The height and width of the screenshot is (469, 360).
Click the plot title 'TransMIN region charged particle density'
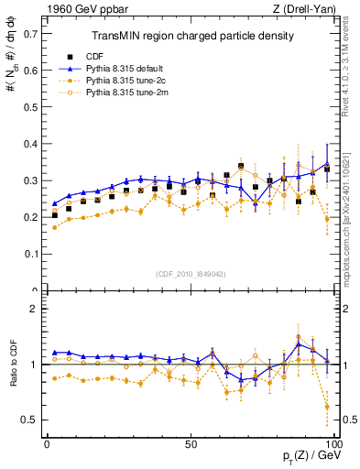(191, 37)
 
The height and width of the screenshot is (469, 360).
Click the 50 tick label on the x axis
(191, 443)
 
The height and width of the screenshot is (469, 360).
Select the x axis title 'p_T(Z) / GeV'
(307, 457)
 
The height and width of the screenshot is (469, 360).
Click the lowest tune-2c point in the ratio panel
(327, 407)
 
